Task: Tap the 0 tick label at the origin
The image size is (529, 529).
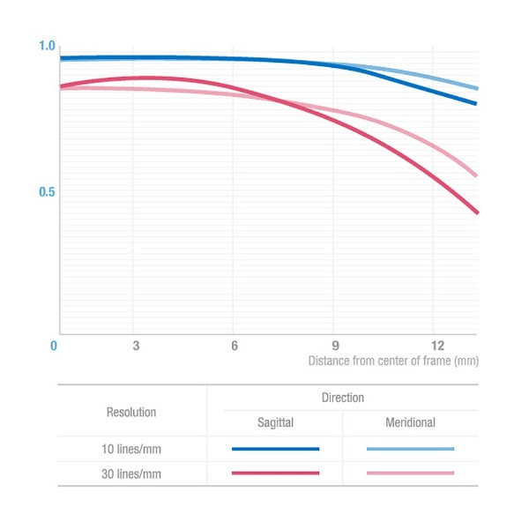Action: point(54,346)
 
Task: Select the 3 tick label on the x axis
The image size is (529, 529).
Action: point(136,346)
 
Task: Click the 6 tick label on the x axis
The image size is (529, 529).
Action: point(235,346)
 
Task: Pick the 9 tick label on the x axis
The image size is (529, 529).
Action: point(334,346)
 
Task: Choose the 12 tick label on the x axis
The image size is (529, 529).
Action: point(436,346)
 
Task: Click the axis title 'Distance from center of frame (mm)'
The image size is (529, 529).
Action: point(392,361)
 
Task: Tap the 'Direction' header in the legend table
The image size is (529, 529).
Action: point(342,398)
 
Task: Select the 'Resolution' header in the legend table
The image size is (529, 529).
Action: point(131,411)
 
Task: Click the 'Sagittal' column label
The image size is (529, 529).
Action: point(275,423)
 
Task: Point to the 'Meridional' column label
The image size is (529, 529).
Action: point(410,423)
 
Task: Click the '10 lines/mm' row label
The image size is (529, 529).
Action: point(131,449)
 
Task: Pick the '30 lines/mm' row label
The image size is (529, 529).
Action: point(131,473)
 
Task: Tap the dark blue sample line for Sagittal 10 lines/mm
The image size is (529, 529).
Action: point(275,449)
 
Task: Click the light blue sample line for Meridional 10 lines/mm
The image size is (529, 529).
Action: point(410,449)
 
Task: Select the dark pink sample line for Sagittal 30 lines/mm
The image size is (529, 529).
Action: point(275,473)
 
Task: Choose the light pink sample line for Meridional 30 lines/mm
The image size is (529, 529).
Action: point(410,473)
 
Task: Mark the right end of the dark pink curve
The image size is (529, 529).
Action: point(477,212)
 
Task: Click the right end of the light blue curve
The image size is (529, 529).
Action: point(477,88)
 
